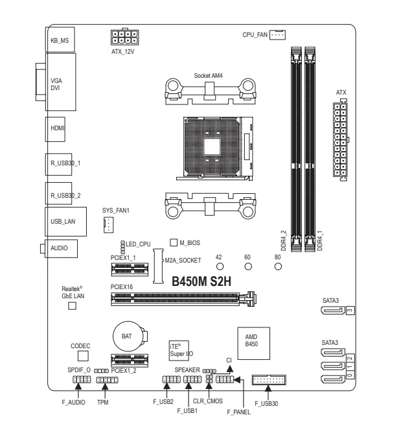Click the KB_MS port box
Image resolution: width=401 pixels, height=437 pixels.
(60, 40)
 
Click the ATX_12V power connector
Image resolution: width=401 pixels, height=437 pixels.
(126, 36)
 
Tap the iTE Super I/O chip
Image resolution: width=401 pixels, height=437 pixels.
(178, 351)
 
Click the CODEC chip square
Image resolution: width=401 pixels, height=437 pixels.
(82, 356)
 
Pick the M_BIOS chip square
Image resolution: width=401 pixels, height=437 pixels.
(174, 242)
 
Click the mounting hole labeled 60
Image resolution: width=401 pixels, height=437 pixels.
(247, 266)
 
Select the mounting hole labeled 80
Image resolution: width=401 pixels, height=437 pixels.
(277, 266)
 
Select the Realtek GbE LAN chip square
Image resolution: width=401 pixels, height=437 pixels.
(73, 305)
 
